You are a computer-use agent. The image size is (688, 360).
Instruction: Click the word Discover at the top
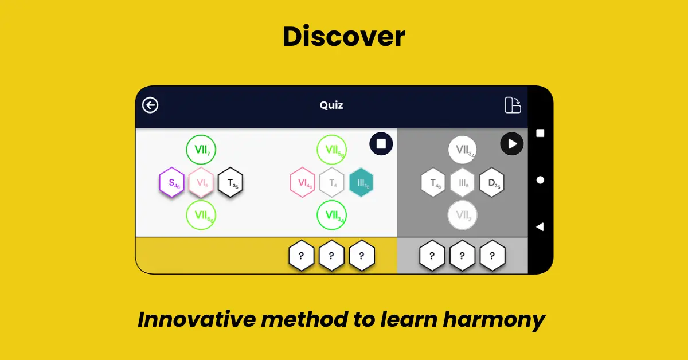point(344,37)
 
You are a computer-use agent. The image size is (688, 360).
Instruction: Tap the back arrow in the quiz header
point(150,105)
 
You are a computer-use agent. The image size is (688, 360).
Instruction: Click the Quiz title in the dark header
point(331,105)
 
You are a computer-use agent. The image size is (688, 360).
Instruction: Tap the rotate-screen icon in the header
point(512,105)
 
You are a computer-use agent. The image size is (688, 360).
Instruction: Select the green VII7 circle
point(201,150)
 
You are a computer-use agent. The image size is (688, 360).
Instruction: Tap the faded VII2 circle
point(462,216)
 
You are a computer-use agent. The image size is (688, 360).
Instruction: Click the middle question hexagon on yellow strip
point(331,256)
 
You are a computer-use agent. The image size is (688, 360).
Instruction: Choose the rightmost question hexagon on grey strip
point(492,256)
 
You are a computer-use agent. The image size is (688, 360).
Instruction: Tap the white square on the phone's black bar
point(540,133)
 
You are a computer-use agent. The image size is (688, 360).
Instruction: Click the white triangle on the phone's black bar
point(540,227)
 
